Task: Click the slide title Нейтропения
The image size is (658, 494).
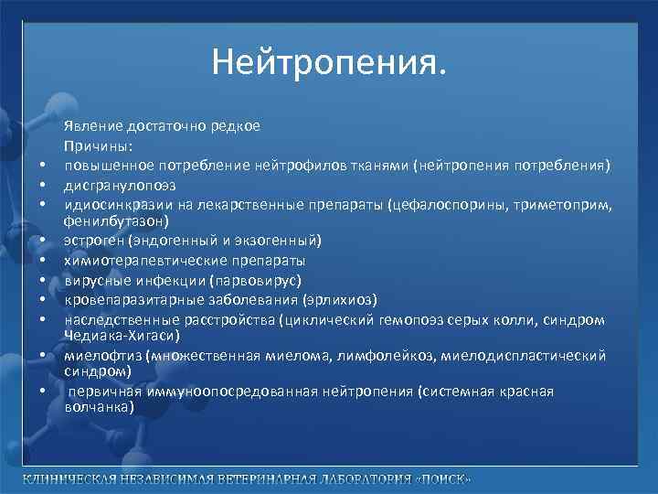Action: pos(329,62)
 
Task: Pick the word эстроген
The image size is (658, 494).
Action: pos(92,241)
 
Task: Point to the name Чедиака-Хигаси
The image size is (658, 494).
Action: pos(117,336)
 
